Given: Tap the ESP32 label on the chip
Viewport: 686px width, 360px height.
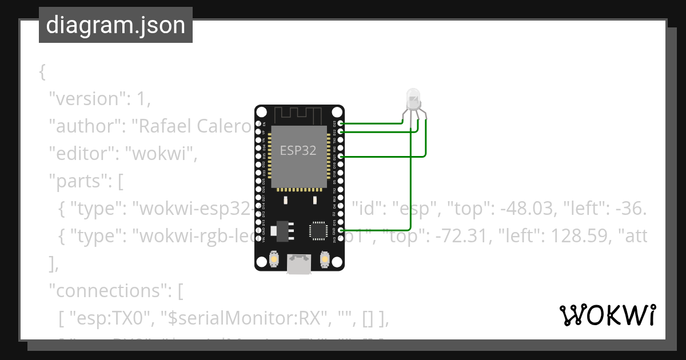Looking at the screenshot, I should pyautogui.click(x=298, y=150).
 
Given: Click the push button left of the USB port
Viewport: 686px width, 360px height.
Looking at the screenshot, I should pyautogui.click(x=274, y=259).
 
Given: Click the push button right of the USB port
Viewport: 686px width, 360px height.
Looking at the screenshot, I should pyautogui.click(x=324, y=259).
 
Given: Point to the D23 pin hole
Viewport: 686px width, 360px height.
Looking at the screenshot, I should pyautogui.click(x=341, y=123).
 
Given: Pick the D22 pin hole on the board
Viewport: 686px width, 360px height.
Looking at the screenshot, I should pyautogui.click(x=341, y=131).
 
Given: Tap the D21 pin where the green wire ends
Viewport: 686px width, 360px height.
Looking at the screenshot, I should pyautogui.click(x=341, y=156).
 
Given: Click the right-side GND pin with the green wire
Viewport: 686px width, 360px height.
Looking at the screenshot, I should pyautogui.click(x=341, y=230).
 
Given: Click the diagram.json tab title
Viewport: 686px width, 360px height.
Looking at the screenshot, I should pyautogui.click(x=115, y=26).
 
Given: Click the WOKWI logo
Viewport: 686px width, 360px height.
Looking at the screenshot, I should pyautogui.click(x=608, y=315).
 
